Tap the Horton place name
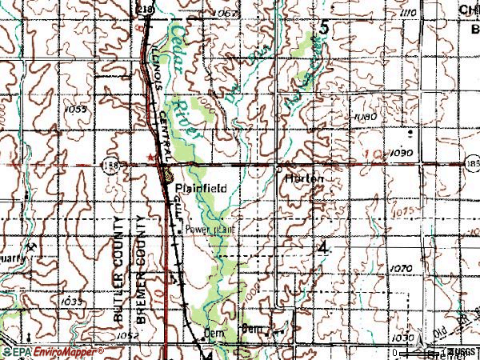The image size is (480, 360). pos(304,179)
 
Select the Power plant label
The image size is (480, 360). pos(212,228)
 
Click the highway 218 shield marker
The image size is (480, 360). pos(145,8)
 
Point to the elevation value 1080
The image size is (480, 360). pos(364,117)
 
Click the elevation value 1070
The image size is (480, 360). pos(402,268)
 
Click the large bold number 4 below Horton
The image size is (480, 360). pos(322,250)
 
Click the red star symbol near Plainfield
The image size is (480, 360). pos(150,158)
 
